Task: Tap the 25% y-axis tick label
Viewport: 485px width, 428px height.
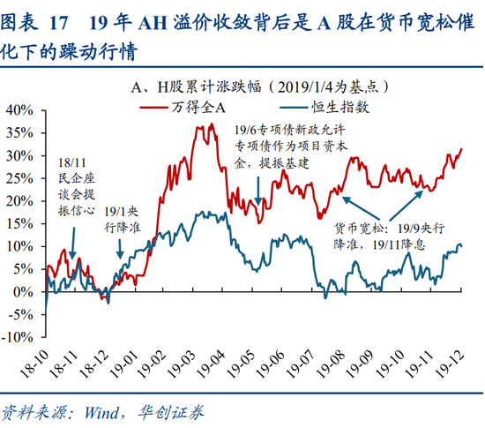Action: pyautogui.click(x=20, y=178)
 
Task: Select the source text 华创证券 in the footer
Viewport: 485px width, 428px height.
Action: pyautogui.click(x=173, y=411)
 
